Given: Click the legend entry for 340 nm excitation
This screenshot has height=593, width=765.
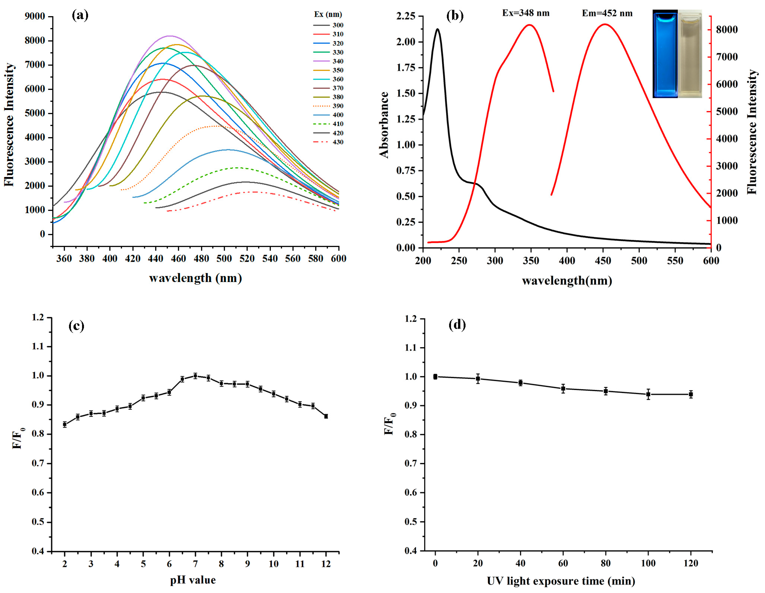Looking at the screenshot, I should [328, 61].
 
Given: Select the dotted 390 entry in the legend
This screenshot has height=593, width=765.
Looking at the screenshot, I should [328, 106].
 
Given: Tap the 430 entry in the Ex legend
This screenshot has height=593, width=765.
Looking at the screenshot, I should [328, 142].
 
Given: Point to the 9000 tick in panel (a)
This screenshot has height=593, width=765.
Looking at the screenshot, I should [35, 16].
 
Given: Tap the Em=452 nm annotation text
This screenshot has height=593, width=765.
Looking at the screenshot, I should [607, 14].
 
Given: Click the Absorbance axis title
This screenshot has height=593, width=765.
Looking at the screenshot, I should [384, 125].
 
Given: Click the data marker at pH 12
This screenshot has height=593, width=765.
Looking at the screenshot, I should [326, 416].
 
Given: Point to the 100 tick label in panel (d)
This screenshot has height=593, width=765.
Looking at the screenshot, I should [648, 563].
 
